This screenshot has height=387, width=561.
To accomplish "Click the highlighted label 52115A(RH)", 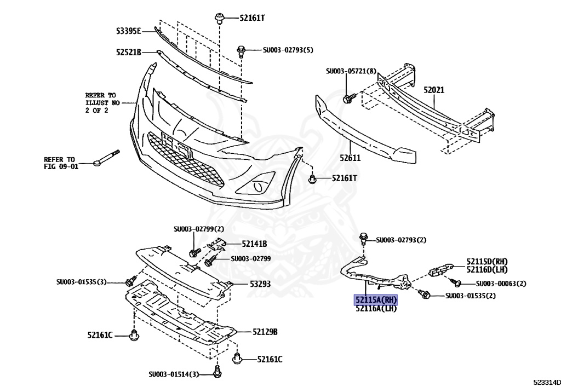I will [376, 300].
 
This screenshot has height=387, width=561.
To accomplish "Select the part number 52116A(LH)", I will [376, 309].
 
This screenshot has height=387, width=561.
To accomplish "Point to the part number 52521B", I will [129, 52].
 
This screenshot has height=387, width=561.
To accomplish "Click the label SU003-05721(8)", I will [351, 71].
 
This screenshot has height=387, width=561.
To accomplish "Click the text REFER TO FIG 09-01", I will [61, 163].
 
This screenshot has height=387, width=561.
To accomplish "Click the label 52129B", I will [265, 332].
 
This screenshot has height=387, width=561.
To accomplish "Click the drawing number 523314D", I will [546, 380].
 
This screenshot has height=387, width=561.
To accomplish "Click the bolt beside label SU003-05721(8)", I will [348, 99].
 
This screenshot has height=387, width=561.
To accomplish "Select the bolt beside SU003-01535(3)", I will [130, 281].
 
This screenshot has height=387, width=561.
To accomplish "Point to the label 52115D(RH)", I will [487, 262].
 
